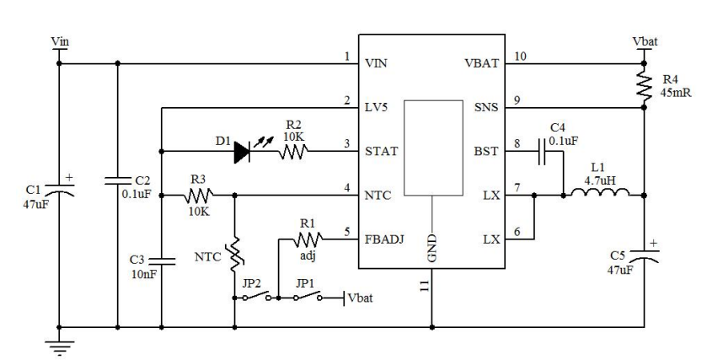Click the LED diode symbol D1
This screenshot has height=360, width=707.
pyautogui.click(x=243, y=152)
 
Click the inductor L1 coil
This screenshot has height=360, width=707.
pyautogui.click(x=599, y=196)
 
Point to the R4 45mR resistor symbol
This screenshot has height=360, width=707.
pyautogui.click(x=643, y=83)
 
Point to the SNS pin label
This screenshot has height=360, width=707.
pyautogui.click(x=486, y=107)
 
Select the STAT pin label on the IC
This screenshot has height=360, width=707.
pyautogui.click(x=380, y=152)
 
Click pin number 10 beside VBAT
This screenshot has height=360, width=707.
pyautogui.click(x=520, y=56)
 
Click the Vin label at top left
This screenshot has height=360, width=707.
pyautogui.click(x=60, y=40)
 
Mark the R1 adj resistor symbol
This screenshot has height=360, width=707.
pyautogui.click(x=305, y=239)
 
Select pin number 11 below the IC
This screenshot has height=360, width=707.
pyautogui.click(x=423, y=287)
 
